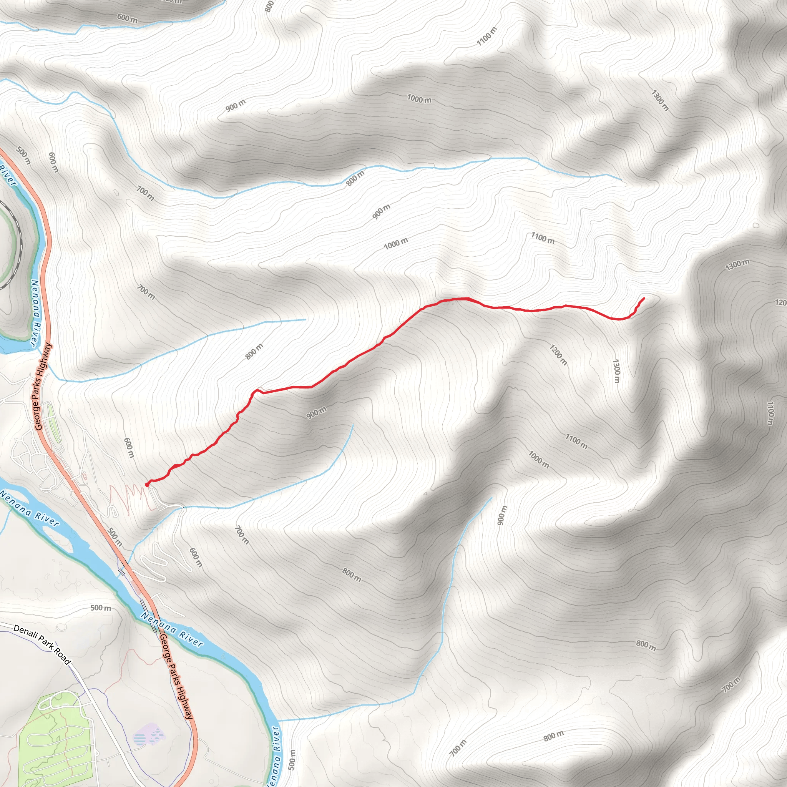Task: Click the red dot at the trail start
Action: [147, 485]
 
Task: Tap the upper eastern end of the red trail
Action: [644, 299]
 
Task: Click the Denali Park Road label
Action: [42, 645]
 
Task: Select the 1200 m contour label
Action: [558, 355]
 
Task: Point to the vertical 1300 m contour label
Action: [616, 371]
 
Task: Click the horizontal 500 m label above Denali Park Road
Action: [100, 608]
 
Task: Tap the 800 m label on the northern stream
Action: [355, 178]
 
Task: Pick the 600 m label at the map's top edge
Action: [127, 18]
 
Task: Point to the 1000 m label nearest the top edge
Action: [419, 99]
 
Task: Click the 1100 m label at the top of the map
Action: [487, 37]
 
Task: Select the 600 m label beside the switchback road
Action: [196, 557]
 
